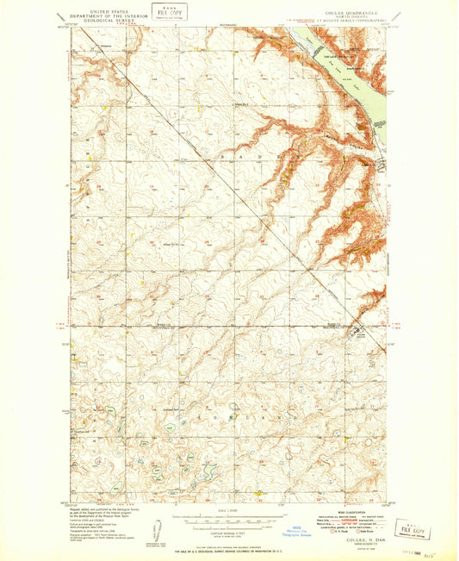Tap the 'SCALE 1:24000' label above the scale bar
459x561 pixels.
pyautogui.click(x=227, y=511)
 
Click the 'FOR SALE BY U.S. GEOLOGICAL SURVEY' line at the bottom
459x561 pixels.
pyautogui.click(x=227, y=549)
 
